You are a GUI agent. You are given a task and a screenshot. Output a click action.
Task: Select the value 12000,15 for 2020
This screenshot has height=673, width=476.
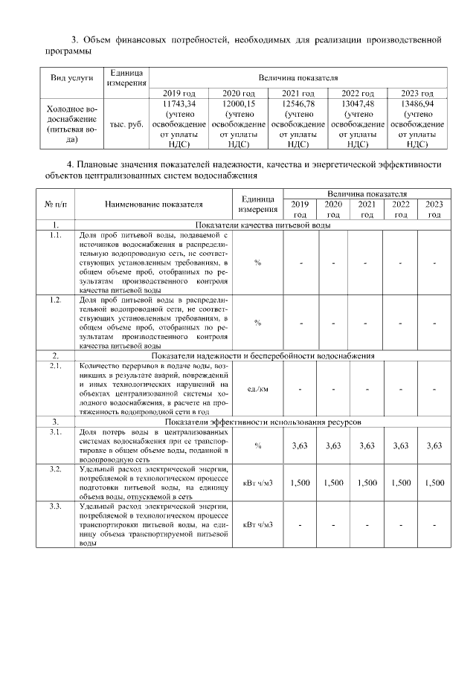pyautogui.click(x=238, y=104)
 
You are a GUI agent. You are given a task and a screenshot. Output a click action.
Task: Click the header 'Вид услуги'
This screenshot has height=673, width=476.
pyautogui.click(x=71, y=77)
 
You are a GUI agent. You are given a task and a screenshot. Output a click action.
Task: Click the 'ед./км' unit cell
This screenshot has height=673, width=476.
pyautogui.click(x=257, y=389)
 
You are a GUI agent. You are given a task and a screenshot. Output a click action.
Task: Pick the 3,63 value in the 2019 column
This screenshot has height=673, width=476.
pyautogui.click(x=300, y=445)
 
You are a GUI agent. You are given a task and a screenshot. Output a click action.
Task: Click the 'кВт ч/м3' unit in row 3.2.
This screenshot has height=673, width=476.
pyautogui.click(x=258, y=483)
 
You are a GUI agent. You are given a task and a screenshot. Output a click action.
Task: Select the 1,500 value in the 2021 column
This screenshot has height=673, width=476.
pyautogui.click(x=367, y=483)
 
